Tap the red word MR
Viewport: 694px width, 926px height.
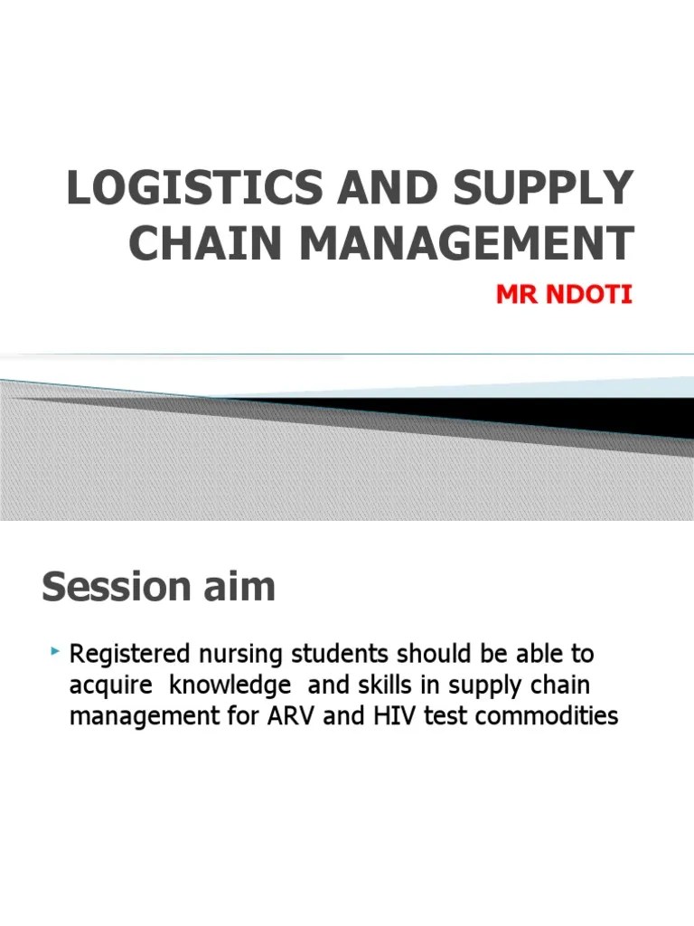(515, 296)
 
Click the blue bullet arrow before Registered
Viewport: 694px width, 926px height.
(56, 651)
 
